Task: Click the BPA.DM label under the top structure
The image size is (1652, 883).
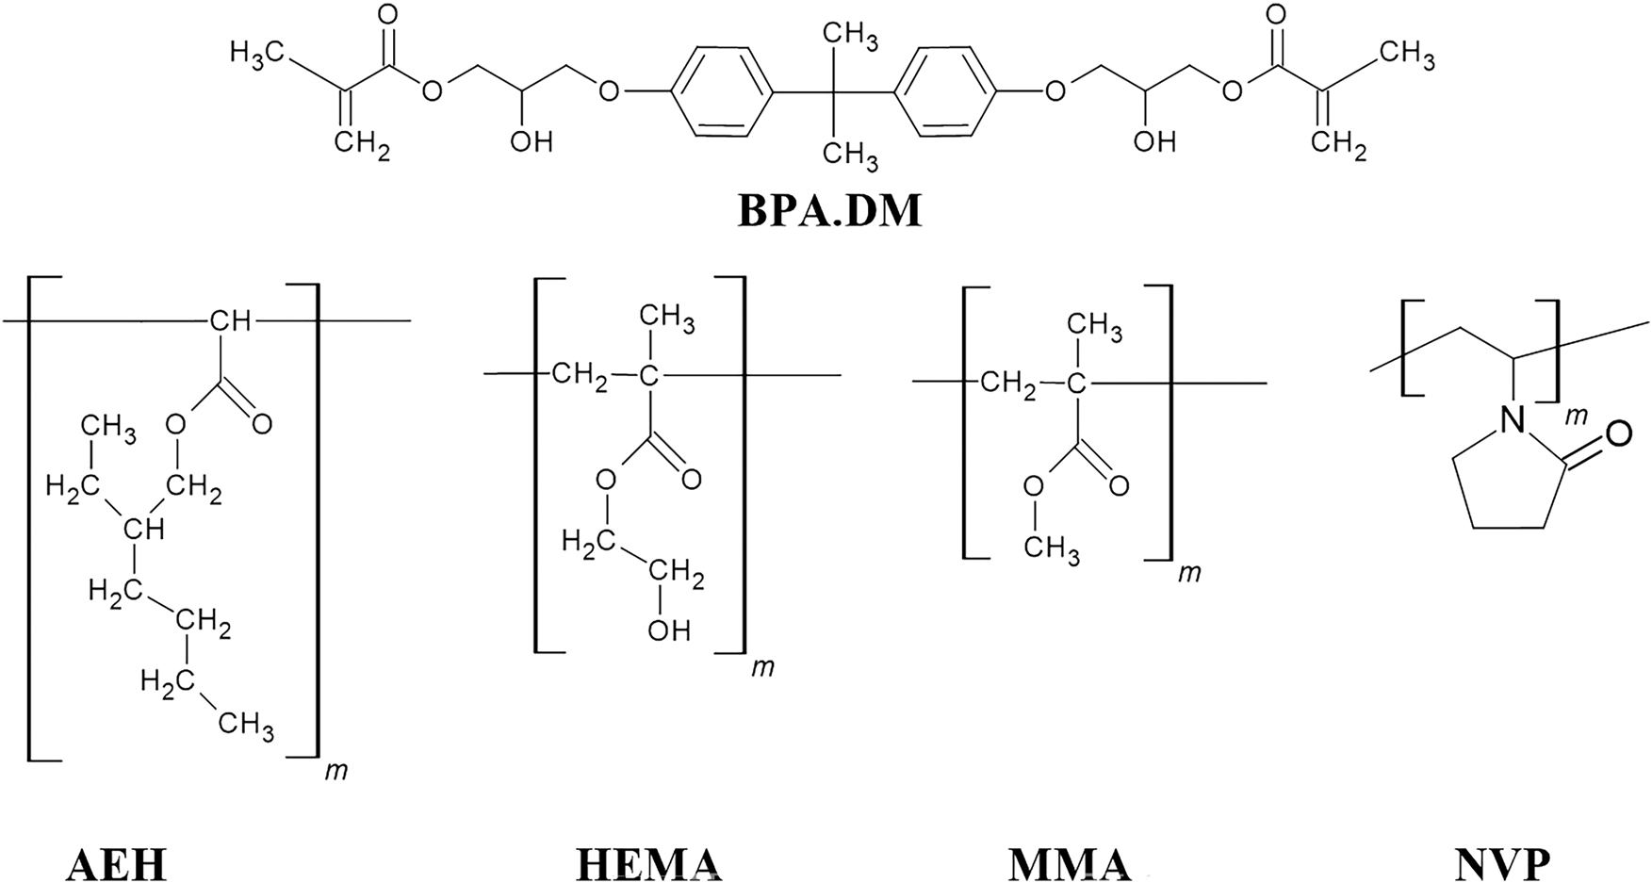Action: click(829, 211)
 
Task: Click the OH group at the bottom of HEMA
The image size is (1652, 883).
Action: click(668, 630)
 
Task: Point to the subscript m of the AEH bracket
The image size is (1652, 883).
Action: click(335, 771)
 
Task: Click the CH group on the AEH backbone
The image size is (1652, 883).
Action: click(230, 321)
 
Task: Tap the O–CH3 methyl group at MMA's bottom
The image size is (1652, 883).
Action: click(1051, 547)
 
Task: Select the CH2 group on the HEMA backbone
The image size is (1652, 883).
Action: click(580, 377)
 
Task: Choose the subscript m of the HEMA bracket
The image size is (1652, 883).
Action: click(761, 667)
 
